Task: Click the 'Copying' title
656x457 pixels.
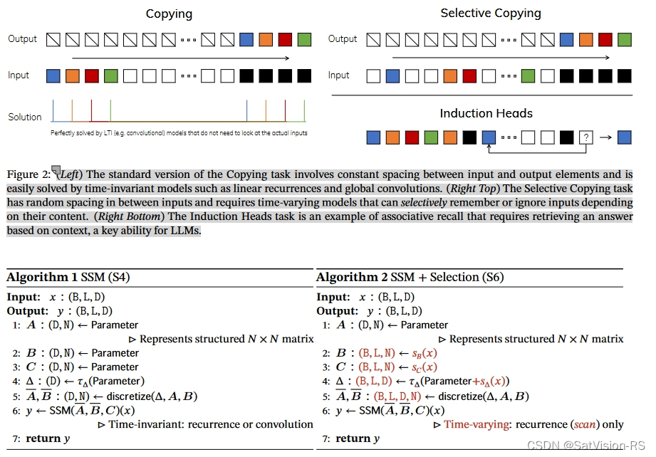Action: point(168,14)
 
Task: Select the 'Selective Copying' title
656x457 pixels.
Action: point(491,13)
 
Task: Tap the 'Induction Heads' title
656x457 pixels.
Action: point(486,113)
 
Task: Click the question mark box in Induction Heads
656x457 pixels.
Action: point(585,137)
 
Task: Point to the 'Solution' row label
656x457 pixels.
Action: point(25,117)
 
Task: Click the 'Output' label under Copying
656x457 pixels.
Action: point(23,39)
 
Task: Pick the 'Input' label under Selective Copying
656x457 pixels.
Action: point(338,75)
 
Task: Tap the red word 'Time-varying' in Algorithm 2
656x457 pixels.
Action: point(474,424)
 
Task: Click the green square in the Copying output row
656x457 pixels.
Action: point(304,39)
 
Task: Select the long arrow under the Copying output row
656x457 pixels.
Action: point(181,58)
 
